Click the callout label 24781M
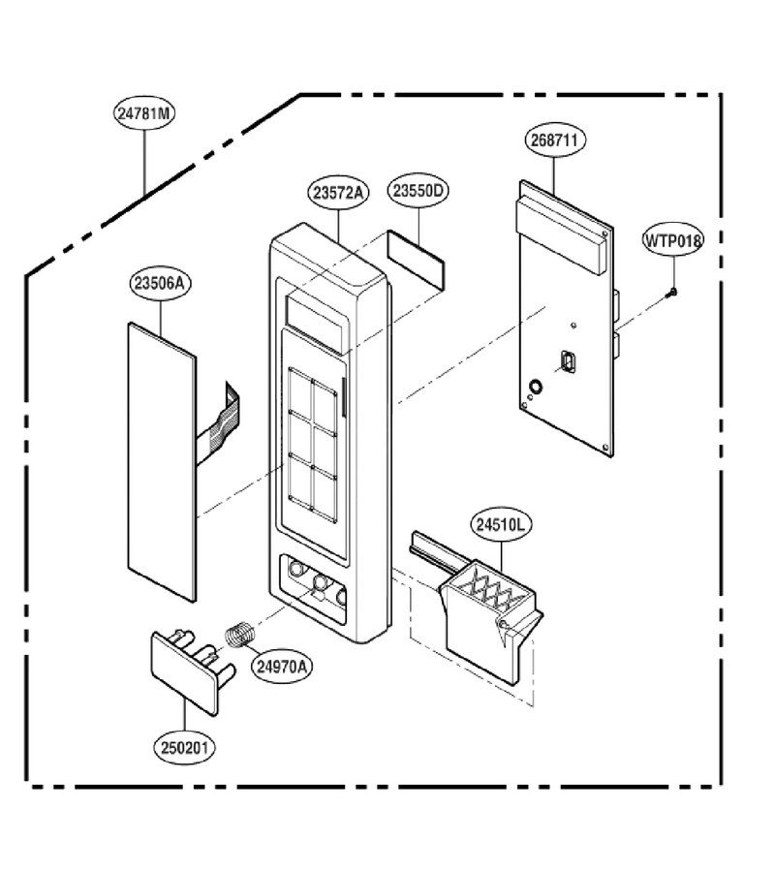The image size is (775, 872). tap(144, 113)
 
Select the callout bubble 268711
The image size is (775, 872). tap(554, 140)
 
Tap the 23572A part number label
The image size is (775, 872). tap(337, 193)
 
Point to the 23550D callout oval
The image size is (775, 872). tap(418, 190)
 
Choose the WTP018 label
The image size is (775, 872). tap(673, 240)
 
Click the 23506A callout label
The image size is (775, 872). tap(160, 283)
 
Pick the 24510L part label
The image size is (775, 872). tap(501, 524)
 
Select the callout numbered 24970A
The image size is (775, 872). tap(281, 666)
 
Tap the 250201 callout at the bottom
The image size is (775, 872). tap(184, 747)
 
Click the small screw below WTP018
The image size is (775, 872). tap(672, 293)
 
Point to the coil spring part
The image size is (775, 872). tap(240, 635)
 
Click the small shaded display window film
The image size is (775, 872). tap(417, 261)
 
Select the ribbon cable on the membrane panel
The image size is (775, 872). tap(219, 423)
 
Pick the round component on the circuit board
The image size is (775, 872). tap(535, 387)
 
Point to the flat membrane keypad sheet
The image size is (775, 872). tap(162, 461)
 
